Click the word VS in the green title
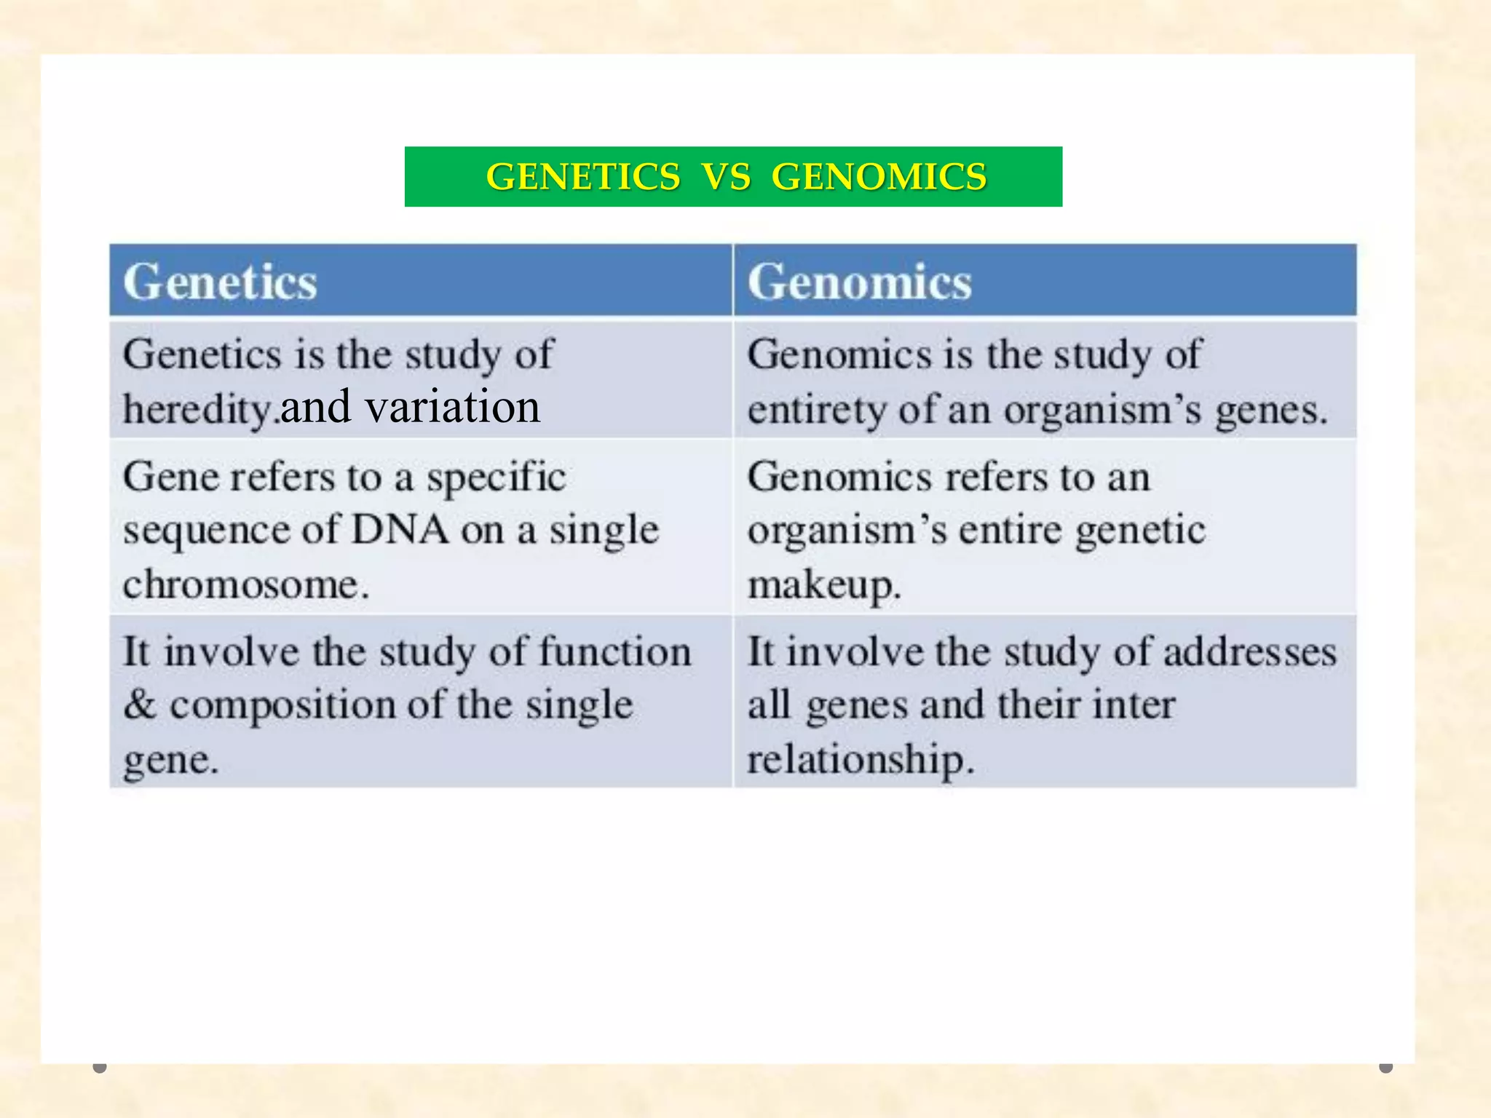tap(726, 177)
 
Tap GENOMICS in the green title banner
tap(879, 177)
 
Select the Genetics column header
tap(220, 282)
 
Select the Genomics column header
tap(859, 282)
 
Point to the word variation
tap(452, 407)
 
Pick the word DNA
tap(399, 529)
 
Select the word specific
tap(496, 478)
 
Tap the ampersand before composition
tap(139, 705)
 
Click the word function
tap(614, 651)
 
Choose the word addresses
tap(1249, 651)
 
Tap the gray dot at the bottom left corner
tap(100, 1067)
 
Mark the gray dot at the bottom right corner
tap(1385, 1067)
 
